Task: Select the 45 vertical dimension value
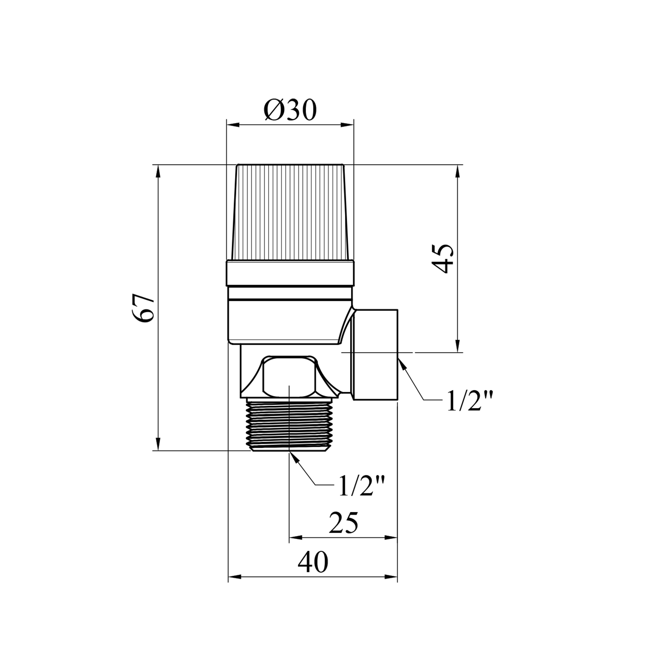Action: point(443,258)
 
